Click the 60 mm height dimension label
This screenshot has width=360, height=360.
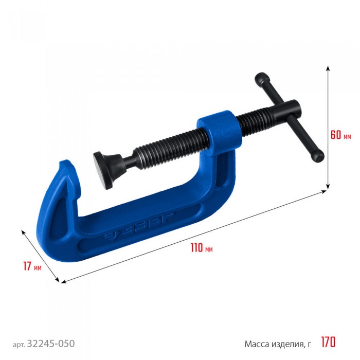click(x=340, y=135)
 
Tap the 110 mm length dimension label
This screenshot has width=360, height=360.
click(x=202, y=248)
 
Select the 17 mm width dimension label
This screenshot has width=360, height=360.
click(x=32, y=266)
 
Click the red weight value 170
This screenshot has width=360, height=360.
click(x=328, y=342)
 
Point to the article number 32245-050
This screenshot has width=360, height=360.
click(x=51, y=344)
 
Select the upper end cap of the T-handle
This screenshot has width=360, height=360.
click(x=262, y=79)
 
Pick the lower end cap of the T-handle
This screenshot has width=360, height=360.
click(x=318, y=156)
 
